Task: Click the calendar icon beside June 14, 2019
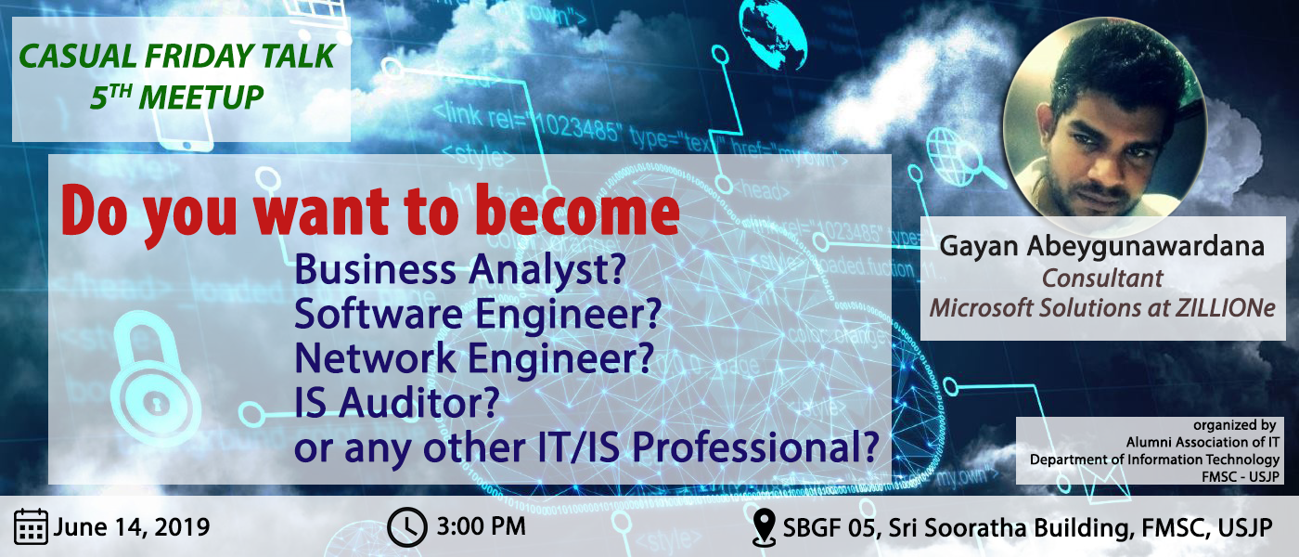(31, 526)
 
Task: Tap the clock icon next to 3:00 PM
(407, 527)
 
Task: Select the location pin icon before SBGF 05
(764, 527)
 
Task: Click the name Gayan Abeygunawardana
(1102, 246)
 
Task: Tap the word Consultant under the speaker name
(1102, 278)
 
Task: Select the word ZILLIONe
(1226, 308)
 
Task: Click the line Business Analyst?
(460, 270)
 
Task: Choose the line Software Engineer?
(478, 314)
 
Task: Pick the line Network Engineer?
(474, 358)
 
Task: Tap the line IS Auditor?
(397, 403)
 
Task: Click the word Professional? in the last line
(755, 447)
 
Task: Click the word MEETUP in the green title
(201, 97)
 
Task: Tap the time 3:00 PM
(481, 527)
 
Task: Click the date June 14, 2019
(132, 527)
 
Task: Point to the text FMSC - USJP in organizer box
(1241, 476)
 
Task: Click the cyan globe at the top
(773, 35)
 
